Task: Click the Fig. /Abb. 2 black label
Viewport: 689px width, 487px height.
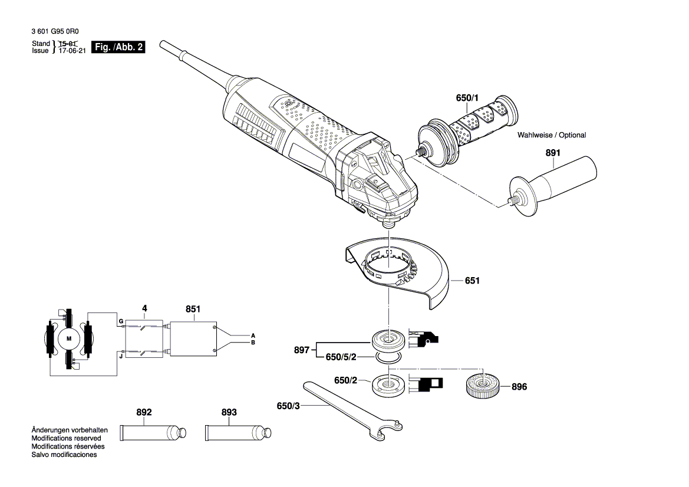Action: (x=118, y=47)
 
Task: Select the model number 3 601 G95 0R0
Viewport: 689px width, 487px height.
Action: (x=55, y=31)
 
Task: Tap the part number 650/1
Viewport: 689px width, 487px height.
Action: (x=467, y=98)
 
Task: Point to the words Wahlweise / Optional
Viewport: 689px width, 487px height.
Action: (x=552, y=135)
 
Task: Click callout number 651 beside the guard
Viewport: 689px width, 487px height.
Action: (x=472, y=281)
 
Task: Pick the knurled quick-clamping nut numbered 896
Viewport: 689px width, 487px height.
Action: (x=483, y=386)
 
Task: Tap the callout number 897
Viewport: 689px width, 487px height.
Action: (x=301, y=350)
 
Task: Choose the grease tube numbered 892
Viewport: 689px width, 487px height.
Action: (x=153, y=433)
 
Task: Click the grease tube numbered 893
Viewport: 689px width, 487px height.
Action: (x=238, y=433)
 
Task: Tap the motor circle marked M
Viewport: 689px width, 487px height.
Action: (x=68, y=338)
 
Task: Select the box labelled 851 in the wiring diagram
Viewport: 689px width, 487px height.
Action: (x=193, y=339)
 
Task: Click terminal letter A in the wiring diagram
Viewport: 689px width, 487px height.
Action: (x=253, y=336)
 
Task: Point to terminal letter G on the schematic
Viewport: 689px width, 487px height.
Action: (x=121, y=322)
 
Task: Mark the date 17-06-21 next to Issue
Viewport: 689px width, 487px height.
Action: (x=72, y=51)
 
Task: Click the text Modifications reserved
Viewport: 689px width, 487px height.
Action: (x=67, y=438)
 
